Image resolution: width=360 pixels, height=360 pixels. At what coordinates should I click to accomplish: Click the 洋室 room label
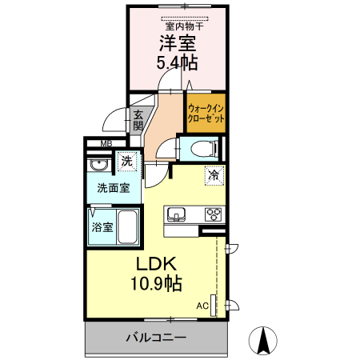(x=178, y=42)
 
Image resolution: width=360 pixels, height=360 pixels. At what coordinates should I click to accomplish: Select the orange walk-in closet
(x=206, y=113)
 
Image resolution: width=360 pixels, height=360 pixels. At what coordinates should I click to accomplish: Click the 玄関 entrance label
(x=138, y=120)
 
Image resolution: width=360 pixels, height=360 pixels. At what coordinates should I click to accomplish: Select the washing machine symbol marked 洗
(x=126, y=162)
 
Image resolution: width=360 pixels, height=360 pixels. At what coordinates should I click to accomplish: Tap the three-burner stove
(x=214, y=214)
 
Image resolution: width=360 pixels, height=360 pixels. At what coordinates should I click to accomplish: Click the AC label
(x=202, y=306)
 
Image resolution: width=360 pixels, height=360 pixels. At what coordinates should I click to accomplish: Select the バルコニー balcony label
(x=156, y=338)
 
